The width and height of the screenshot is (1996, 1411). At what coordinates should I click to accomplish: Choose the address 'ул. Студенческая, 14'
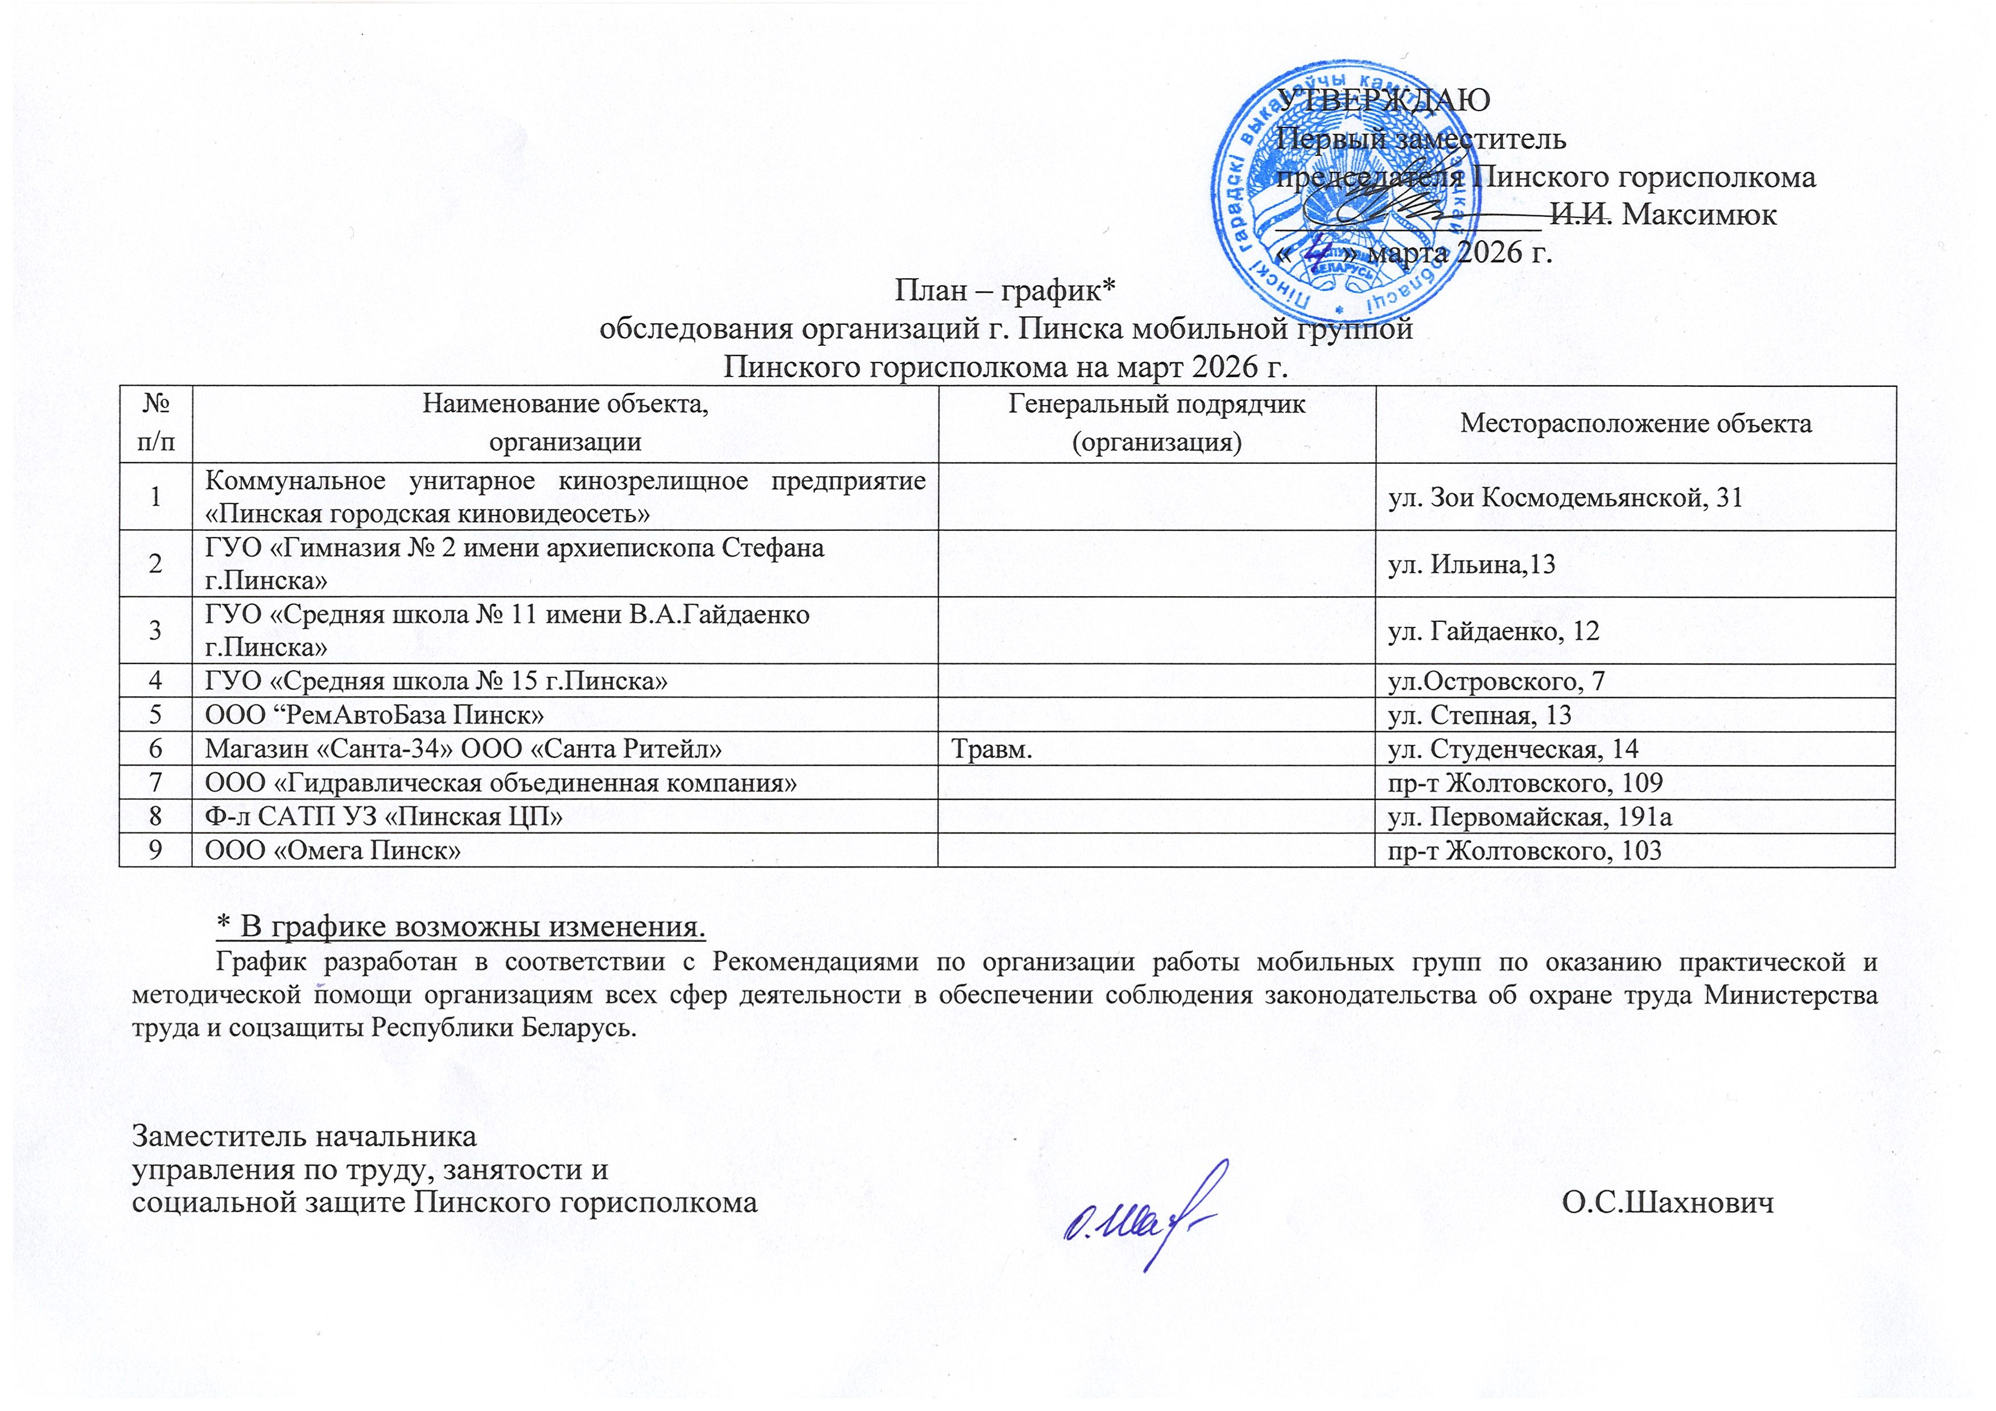[1513, 749]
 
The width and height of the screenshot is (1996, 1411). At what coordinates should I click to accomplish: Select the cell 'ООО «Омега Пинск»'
[333, 850]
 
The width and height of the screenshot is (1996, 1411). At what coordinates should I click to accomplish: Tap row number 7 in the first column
[155, 782]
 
